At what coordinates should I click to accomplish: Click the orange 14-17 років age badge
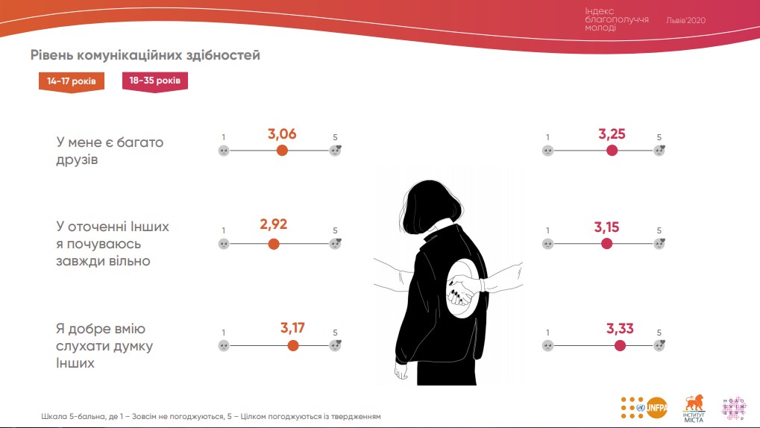click(72, 81)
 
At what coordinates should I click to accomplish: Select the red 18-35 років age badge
click(154, 81)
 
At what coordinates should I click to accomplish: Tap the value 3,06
click(282, 134)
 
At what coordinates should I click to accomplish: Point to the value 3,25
click(612, 134)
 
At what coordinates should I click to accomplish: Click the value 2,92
click(274, 224)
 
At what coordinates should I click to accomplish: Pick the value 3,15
click(607, 227)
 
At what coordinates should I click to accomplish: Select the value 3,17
click(292, 327)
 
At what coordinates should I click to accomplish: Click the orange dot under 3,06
click(282, 150)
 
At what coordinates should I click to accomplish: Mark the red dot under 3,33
click(620, 345)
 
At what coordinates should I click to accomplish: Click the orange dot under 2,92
click(274, 243)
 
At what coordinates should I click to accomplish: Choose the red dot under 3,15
click(607, 243)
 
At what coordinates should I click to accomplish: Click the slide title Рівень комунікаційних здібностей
click(145, 55)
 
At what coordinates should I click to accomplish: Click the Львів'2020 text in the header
click(685, 21)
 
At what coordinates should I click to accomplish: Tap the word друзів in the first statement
click(77, 160)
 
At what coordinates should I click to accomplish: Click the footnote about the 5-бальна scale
click(211, 416)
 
